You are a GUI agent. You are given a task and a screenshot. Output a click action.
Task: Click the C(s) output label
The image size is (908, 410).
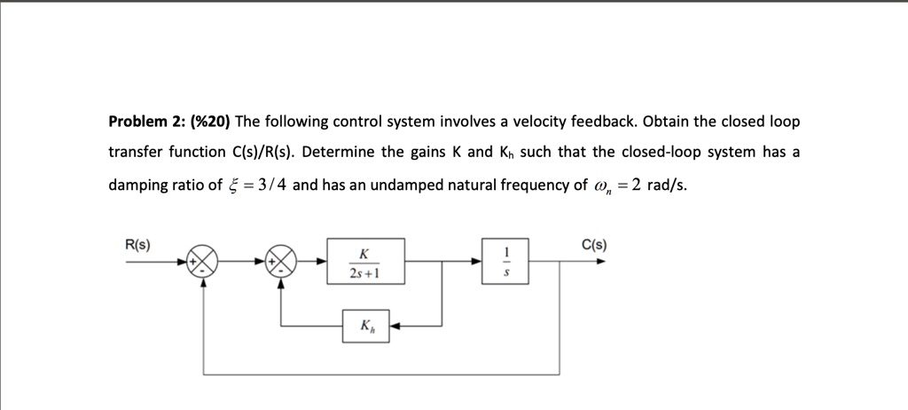[x=594, y=245]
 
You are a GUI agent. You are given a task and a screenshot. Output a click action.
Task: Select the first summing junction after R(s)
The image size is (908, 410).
[x=205, y=262]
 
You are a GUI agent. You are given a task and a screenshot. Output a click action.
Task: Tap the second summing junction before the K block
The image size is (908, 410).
[x=282, y=262]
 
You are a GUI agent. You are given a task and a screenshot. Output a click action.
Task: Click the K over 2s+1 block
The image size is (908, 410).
[x=365, y=261]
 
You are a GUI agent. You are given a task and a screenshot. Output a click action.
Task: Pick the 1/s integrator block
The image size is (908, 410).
[x=505, y=261]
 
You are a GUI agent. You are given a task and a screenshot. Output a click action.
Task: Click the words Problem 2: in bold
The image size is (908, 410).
[x=143, y=121]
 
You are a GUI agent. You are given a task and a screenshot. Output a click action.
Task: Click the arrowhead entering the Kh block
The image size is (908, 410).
[x=395, y=326]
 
